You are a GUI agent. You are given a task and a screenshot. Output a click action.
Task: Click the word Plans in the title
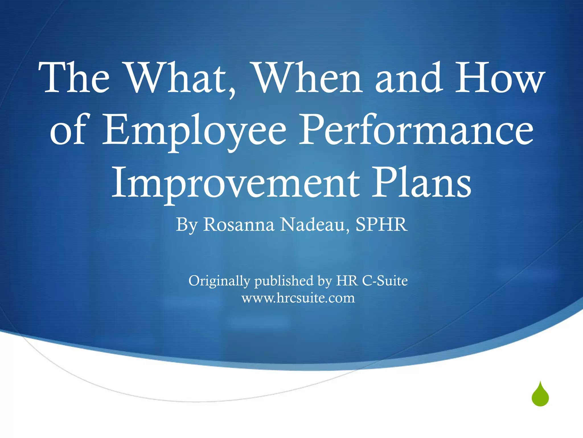tap(421, 182)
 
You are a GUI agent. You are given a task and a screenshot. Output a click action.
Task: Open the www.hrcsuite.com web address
tap(298, 298)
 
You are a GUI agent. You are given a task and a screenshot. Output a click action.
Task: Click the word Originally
tap(219, 281)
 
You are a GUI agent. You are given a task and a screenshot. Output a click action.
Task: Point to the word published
tap(284, 281)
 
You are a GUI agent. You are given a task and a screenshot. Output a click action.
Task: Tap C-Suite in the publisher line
tap(385, 281)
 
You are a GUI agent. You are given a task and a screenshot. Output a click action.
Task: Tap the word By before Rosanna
tap(186, 225)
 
